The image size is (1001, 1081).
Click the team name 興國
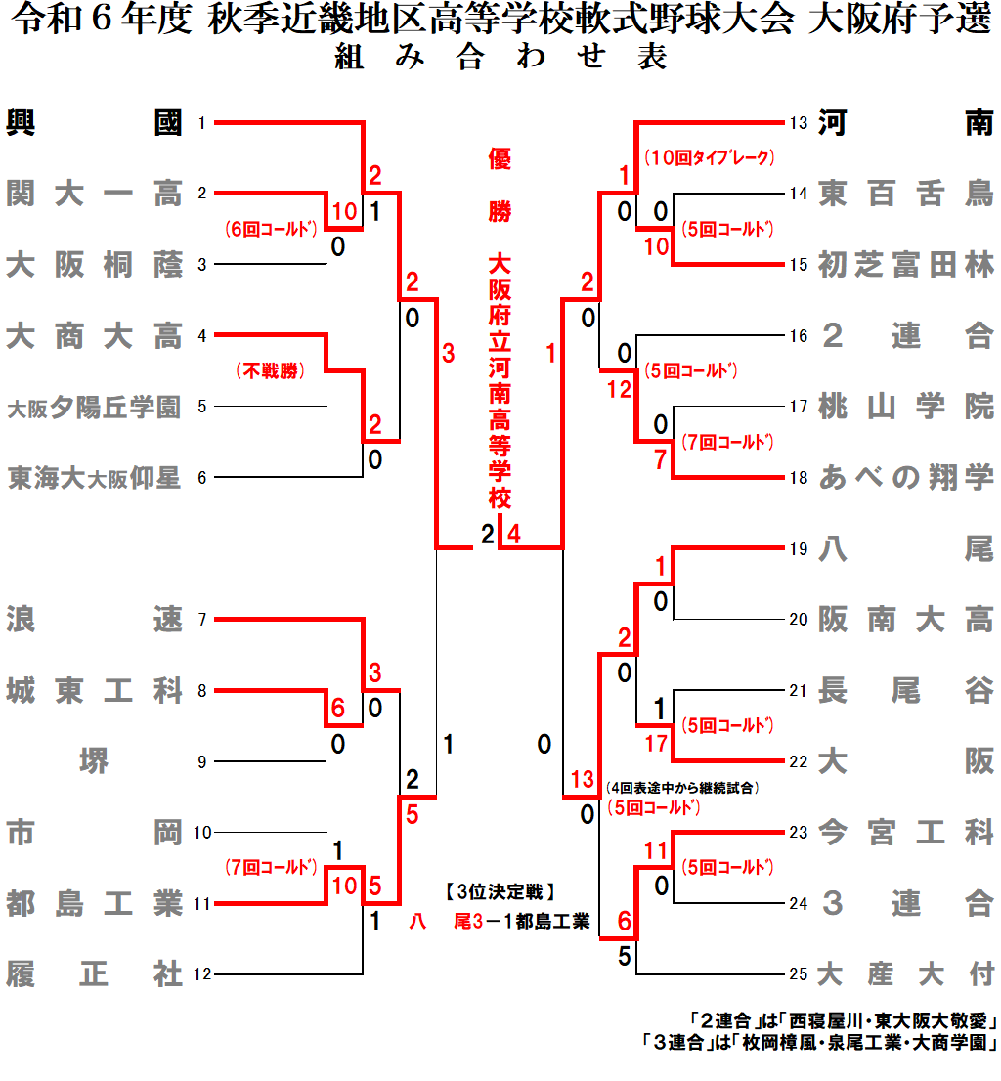(94, 122)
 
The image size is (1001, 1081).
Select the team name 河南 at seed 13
(906, 123)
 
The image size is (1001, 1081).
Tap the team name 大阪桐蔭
(94, 265)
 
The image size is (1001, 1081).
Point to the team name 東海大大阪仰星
(94, 478)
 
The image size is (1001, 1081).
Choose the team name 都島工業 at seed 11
(94, 904)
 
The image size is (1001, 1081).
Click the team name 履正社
(94, 974)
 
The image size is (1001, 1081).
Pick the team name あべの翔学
(906, 478)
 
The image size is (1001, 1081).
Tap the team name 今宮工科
(906, 833)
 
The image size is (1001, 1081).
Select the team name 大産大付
(906, 974)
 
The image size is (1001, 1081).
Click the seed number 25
(799, 974)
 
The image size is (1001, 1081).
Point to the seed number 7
(201, 620)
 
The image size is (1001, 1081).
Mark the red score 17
(656, 744)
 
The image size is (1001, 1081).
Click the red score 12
(619, 389)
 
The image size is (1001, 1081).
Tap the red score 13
(583, 779)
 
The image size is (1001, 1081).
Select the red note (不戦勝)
(269, 371)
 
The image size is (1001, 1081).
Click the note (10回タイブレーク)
(709, 156)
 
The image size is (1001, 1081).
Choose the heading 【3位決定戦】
(500, 891)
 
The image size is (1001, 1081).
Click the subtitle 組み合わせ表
(500, 58)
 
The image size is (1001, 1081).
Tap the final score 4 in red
(514, 535)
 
